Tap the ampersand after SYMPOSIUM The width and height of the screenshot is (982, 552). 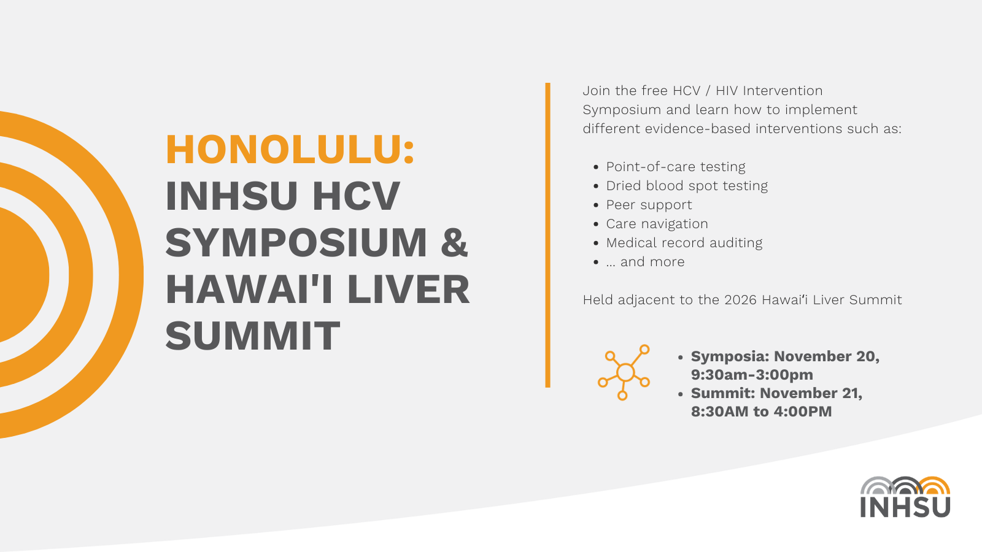point(454,243)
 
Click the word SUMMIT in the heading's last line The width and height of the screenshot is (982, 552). point(252,336)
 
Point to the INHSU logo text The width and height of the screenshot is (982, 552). point(905,507)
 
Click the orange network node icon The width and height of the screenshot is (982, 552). point(624,372)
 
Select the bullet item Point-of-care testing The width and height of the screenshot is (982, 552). point(675,167)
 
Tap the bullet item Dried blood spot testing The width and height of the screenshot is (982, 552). point(686,186)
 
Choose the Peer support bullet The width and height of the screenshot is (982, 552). point(649,205)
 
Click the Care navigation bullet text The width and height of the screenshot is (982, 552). point(657,224)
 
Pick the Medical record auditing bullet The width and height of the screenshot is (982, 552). point(684,243)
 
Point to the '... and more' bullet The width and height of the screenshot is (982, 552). point(645,262)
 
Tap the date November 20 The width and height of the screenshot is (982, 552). point(826,356)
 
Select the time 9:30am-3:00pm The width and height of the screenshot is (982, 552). point(752,375)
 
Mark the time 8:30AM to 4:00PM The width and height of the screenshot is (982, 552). point(761,412)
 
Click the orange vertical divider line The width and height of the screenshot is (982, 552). point(547,235)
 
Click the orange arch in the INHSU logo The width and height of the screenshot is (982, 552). point(934,486)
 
